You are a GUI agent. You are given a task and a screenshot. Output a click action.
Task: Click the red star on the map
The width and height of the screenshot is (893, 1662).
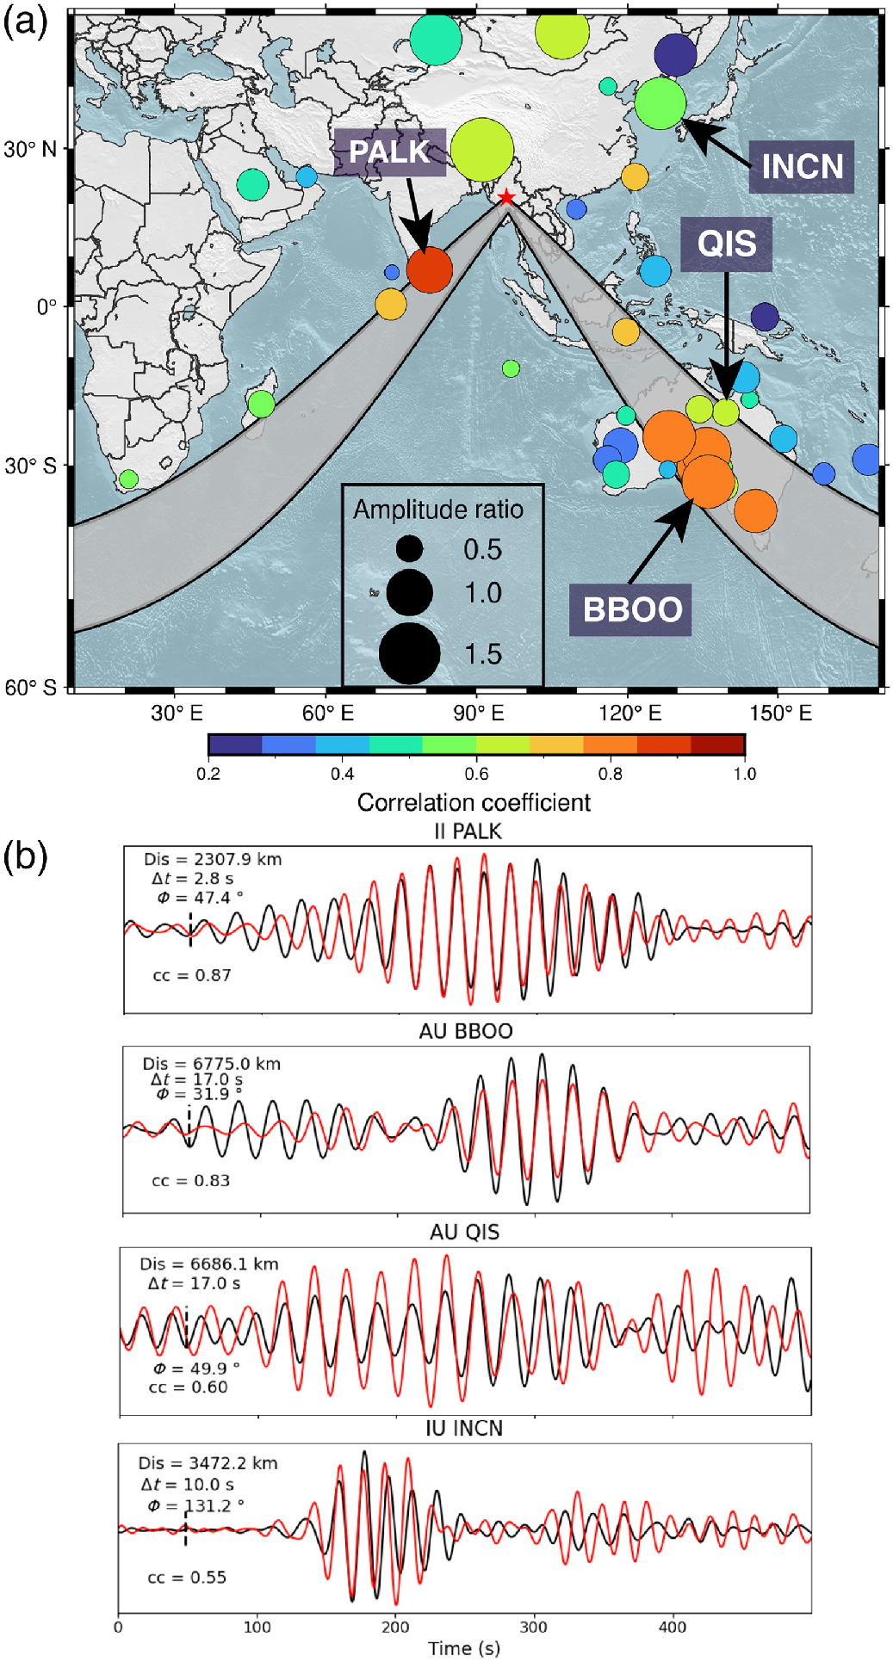pyautogui.click(x=506, y=198)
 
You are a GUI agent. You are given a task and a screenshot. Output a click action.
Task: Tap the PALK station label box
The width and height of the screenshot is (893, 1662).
pyautogui.click(x=389, y=152)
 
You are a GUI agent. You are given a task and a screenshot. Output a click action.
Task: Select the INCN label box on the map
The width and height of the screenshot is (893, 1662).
pyautogui.click(x=802, y=166)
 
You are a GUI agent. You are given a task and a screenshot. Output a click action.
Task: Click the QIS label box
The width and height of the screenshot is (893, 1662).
pyautogui.click(x=727, y=244)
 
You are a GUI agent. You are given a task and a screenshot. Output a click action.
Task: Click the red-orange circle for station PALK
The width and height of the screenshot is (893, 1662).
pyautogui.click(x=429, y=270)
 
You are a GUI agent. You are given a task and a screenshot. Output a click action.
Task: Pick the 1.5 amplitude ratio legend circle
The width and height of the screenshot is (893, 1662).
pyautogui.click(x=409, y=653)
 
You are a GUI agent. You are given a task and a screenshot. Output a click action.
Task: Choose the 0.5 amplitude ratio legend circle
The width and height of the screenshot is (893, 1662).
pyautogui.click(x=409, y=549)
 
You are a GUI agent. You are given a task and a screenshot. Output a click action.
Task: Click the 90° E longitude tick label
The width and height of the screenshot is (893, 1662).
pyautogui.click(x=478, y=714)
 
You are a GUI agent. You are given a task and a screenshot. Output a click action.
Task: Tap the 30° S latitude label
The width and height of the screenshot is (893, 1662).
pyautogui.click(x=31, y=466)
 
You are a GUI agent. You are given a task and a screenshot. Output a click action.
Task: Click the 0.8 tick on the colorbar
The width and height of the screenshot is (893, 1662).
pyautogui.click(x=611, y=774)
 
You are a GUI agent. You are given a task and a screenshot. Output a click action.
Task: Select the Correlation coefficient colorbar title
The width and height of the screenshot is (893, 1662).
pyautogui.click(x=474, y=803)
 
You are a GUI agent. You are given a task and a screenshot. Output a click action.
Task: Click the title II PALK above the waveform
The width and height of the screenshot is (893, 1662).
pyautogui.click(x=467, y=831)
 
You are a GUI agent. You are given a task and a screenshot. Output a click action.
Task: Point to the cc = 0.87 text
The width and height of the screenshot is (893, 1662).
pyautogui.click(x=191, y=975)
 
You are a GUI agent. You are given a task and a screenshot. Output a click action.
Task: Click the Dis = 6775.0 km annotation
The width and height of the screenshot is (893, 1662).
pyautogui.click(x=212, y=1064)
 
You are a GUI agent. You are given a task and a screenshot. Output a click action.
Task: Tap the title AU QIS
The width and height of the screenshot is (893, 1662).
pyautogui.click(x=464, y=1233)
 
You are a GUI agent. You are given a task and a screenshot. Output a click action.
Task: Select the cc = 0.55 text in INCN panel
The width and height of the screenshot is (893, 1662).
pyautogui.click(x=187, y=1578)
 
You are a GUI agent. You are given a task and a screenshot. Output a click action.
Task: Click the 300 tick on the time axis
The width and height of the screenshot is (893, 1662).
pyautogui.click(x=534, y=1627)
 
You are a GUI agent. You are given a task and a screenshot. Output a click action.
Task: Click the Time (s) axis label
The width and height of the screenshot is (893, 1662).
pyautogui.click(x=464, y=1648)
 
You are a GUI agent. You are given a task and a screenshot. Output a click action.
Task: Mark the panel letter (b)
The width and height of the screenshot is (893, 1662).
pyautogui.click(x=26, y=857)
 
